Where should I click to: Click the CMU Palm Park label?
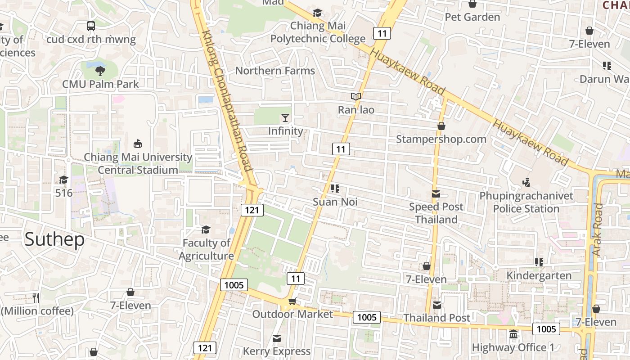[100, 84]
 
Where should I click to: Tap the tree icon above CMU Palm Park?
[100, 70]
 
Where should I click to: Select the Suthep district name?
[54, 239]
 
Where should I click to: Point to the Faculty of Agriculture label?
[207, 250]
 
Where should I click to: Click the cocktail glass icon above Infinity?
[285, 118]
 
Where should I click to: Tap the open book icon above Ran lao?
[356, 97]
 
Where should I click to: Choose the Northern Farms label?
[275, 71]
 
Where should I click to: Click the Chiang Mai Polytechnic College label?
[318, 32]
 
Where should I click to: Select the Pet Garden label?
[472, 17]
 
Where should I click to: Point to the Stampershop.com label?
[441, 139]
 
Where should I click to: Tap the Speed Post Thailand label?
[436, 213]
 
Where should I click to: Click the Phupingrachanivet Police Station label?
[526, 202]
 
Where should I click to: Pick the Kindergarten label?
[539, 275]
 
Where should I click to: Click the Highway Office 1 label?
[513, 347]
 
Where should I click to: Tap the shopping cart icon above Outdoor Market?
[292, 301]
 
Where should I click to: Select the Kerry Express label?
[277, 351]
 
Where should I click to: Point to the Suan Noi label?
[335, 202]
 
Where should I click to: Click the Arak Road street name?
[598, 229]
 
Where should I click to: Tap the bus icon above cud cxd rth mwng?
[91, 26]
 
